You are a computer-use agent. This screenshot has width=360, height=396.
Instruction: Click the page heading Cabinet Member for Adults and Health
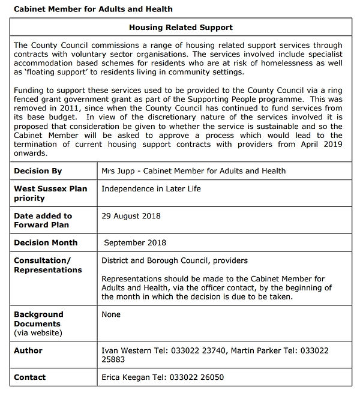coord(93,9)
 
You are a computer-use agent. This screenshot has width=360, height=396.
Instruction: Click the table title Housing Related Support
coord(181,28)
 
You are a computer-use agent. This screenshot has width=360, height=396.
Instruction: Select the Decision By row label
coord(38,171)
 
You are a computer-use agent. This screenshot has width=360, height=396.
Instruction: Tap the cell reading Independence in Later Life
coord(151,188)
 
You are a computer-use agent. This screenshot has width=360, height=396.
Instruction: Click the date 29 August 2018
coord(131,215)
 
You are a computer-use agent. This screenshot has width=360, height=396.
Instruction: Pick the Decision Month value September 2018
coord(135,243)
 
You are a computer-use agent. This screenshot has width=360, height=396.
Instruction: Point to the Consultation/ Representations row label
coord(47,265)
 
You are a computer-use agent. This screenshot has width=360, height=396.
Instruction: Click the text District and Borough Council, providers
coord(174,260)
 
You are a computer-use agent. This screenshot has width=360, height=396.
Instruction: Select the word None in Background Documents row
coord(111,314)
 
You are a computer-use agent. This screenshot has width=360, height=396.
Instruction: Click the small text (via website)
coord(38,332)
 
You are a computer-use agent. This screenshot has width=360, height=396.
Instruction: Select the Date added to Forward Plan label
coord(43,220)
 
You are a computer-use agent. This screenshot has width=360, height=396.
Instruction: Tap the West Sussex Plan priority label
coord(50,193)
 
